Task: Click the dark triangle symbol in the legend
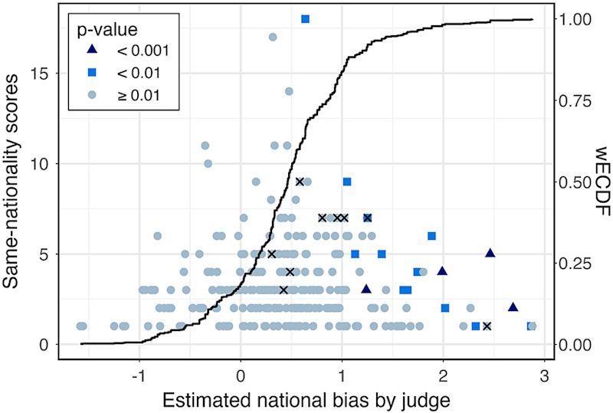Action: (92, 51)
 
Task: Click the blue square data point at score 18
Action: (306, 18)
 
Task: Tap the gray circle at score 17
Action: (272, 37)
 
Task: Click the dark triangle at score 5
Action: (490, 253)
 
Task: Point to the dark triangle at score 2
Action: (513, 306)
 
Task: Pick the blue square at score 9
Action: (347, 182)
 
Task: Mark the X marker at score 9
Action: (300, 182)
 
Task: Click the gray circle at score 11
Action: (205, 146)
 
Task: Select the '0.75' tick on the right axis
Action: (574, 100)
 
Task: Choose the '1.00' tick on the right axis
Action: (574, 19)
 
